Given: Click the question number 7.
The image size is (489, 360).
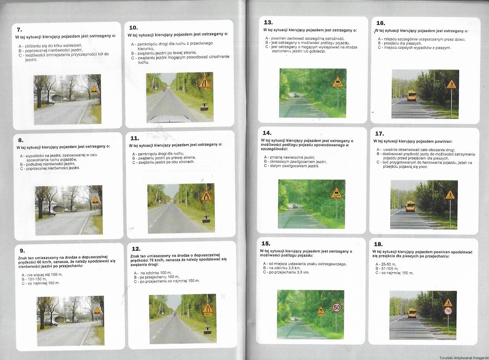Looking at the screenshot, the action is (x=19, y=30).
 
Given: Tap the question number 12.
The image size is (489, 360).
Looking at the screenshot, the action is (x=136, y=249).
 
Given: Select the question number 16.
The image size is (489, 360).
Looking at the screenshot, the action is (x=381, y=23).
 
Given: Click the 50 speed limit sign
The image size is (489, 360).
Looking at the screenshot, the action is (x=337, y=308).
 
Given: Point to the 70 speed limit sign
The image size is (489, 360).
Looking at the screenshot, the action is (x=448, y=311).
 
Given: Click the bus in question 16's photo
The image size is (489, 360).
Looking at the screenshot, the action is (x=412, y=95).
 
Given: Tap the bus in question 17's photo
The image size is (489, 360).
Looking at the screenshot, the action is (x=410, y=206).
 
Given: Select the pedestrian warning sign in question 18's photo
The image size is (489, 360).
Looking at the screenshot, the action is (x=448, y=302).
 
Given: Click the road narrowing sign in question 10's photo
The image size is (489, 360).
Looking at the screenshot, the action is (x=205, y=83).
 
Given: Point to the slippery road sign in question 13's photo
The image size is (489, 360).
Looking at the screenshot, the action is (x=338, y=83).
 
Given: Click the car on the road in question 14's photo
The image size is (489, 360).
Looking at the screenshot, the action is (x=295, y=206).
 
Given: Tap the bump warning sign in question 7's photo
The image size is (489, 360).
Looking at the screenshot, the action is (x=94, y=89).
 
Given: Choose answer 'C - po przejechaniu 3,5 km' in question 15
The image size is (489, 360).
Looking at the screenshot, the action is (x=286, y=272).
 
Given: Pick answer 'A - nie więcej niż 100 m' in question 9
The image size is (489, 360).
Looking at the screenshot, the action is (x=42, y=275).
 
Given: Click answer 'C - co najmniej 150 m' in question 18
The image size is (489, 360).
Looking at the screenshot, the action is (x=394, y=273).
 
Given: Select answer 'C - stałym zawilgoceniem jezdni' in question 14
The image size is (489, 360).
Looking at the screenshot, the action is (x=291, y=166).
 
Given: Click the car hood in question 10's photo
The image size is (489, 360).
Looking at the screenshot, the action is (x=167, y=119).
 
